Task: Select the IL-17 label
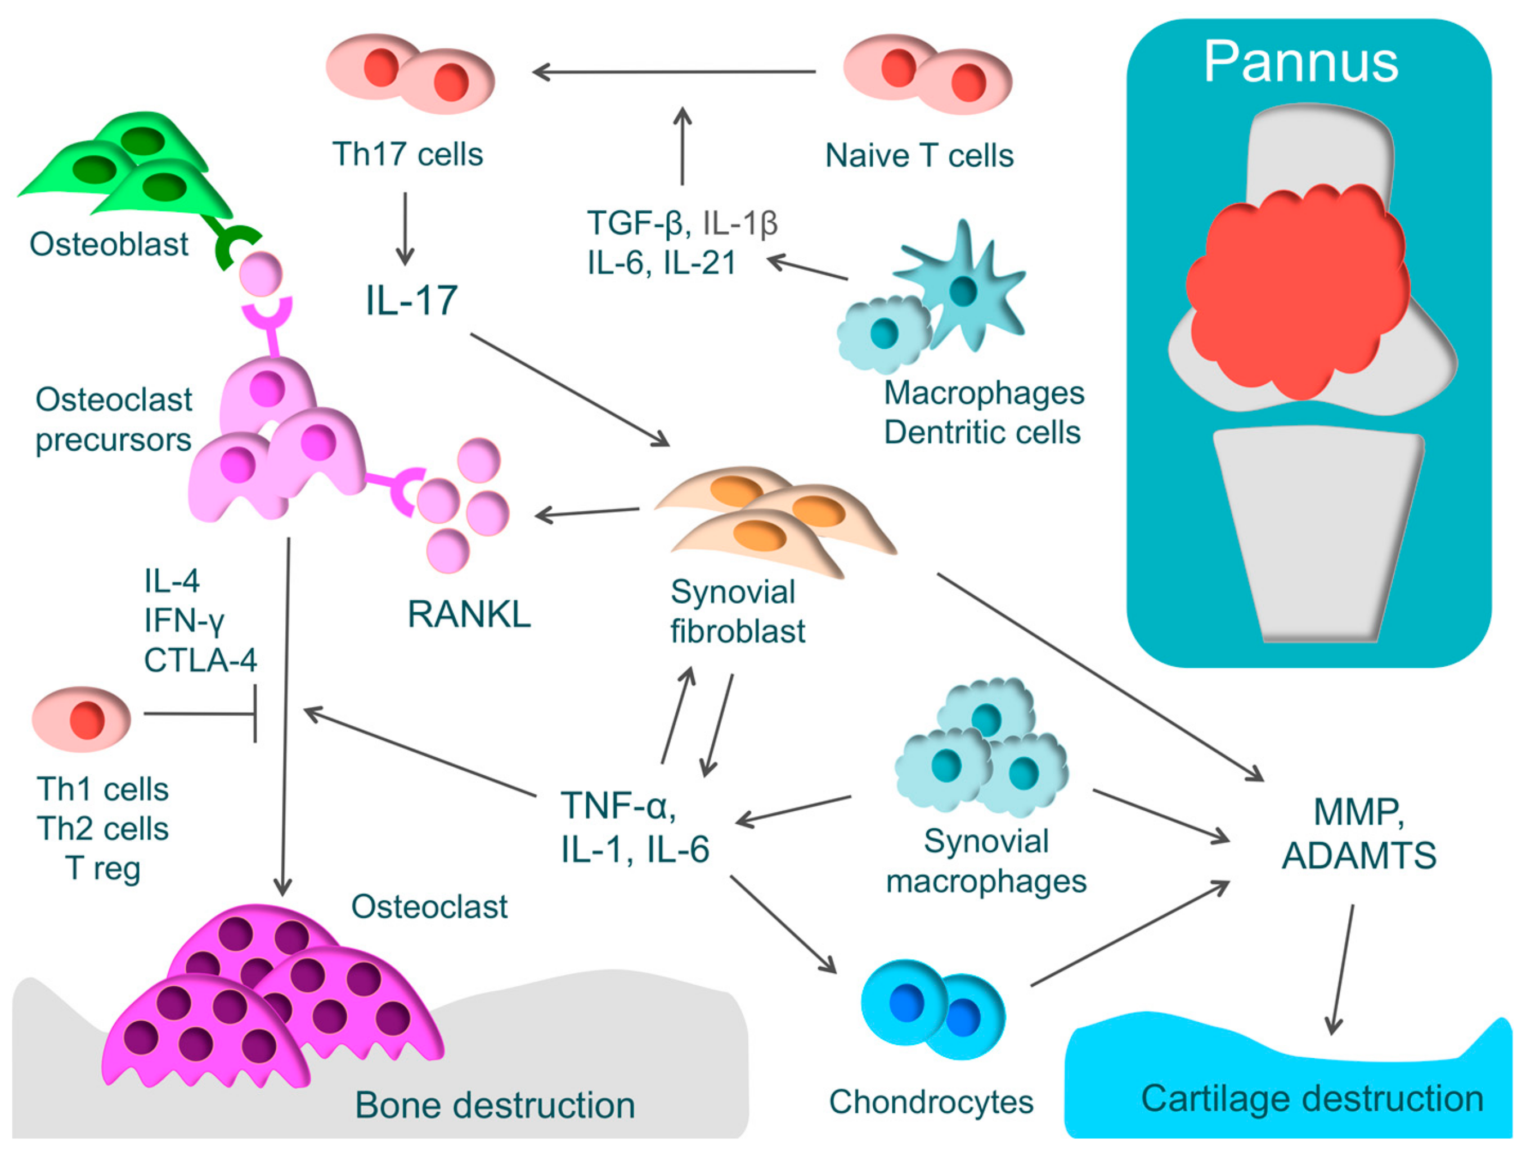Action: point(411,301)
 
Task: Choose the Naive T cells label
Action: point(919,156)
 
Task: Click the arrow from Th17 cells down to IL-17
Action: point(405,228)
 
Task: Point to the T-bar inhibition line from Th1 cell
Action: point(200,713)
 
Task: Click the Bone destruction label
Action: point(495,1105)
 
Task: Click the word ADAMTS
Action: point(1358,855)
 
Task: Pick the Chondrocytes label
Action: point(931,1102)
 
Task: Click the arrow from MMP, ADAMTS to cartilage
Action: point(1342,969)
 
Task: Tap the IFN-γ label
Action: point(184,621)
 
